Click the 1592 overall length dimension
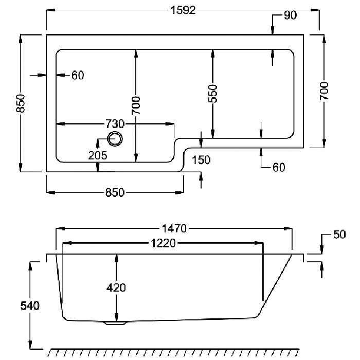[183, 10]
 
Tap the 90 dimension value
[290, 15]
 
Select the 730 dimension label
[115, 124]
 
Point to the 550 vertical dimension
[212, 94]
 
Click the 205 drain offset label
[98, 156]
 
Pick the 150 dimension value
[201, 160]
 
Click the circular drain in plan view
[115, 139]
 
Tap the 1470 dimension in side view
[174, 229]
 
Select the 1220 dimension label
[163, 243]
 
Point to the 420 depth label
[116, 287]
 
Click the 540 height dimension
[30, 306]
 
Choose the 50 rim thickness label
[339, 235]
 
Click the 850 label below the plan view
[115, 192]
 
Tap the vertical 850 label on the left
[21, 103]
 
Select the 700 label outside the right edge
[324, 91]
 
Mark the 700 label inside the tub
[136, 105]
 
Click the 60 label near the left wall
[78, 75]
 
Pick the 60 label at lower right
[279, 167]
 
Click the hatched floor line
[174, 352]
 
